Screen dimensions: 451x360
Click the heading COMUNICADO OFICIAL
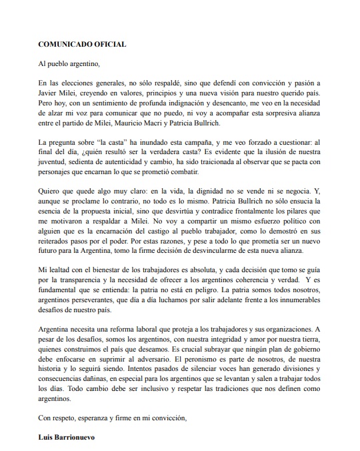[x=82, y=43]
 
